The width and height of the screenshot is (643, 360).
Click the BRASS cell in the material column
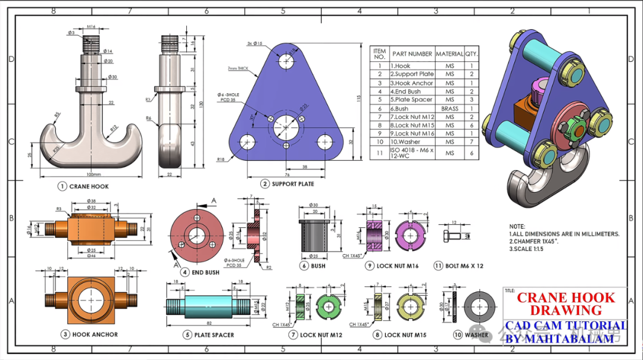click(450, 109)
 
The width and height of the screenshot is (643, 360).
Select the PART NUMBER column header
click(412, 54)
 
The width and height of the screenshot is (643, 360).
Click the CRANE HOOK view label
click(89, 186)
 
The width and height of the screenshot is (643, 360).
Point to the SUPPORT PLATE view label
click(293, 184)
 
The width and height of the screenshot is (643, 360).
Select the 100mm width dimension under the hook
click(92, 174)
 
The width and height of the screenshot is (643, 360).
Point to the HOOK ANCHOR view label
click(95, 334)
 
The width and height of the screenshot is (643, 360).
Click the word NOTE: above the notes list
click(517, 226)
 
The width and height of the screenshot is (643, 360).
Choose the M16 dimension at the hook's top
click(91, 27)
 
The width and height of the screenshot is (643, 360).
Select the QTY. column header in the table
click(472, 54)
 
